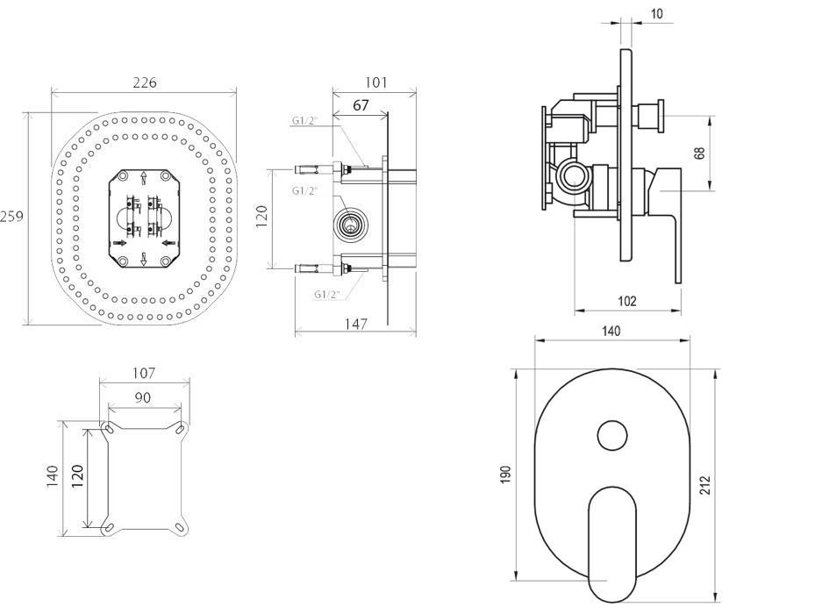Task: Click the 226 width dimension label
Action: click(144, 83)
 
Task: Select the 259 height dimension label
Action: click(11, 217)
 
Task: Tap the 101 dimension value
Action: click(375, 83)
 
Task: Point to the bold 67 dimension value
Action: click(361, 105)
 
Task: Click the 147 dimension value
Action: click(354, 324)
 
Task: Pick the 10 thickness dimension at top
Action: click(658, 13)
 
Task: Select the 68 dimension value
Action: click(699, 153)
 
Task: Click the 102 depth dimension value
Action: click(627, 302)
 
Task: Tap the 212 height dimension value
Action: click(704, 485)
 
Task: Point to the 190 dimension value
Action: click(504, 475)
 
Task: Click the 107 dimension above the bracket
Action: click(144, 374)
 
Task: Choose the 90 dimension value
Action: click(143, 397)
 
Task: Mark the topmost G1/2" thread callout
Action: click(305, 121)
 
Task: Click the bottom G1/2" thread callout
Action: click(326, 295)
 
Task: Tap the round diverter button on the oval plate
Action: click(612, 436)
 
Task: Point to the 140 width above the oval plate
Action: click(611, 332)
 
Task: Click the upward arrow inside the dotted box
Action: click(145, 178)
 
